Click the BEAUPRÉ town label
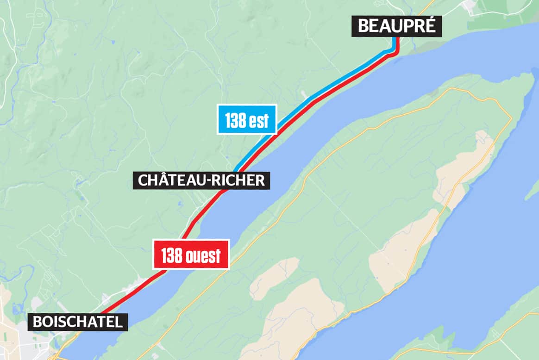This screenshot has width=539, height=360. [x=397, y=26]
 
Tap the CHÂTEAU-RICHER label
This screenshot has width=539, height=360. [x=201, y=180]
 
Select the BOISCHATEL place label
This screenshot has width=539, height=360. [x=77, y=321]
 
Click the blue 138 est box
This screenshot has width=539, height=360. [x=247, y=120]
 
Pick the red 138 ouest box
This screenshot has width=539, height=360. [x=191, y=254]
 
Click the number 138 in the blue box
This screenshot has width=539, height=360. [x=235, y=120]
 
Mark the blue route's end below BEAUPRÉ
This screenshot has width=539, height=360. [x=394, y=39]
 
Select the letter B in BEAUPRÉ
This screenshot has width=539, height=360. [x=364, y=26]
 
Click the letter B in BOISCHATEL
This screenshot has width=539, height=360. [x=38, y=321]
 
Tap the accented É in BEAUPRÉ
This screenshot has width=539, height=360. [x=430, y=26]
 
